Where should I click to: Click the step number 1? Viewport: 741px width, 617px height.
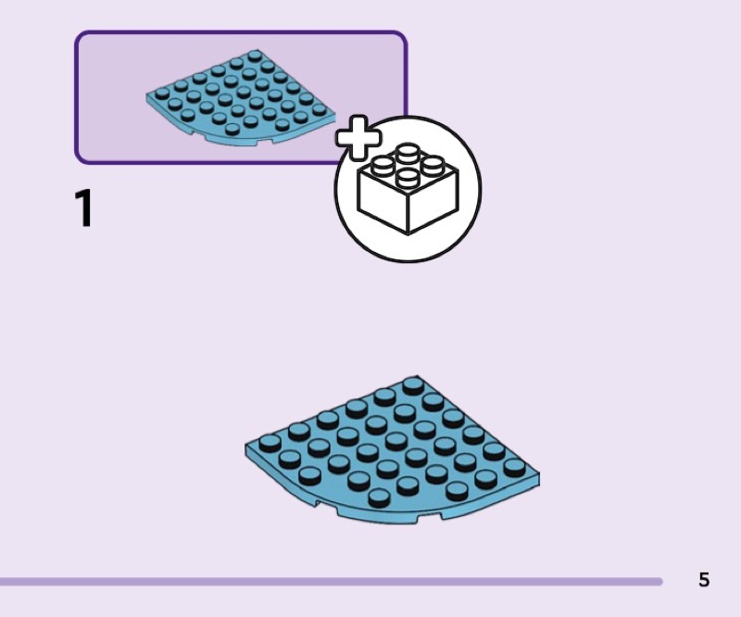(x=83, y=208)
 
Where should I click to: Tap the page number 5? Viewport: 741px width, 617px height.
(x=704, y=580)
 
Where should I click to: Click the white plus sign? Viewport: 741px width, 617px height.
(x=358, y=137)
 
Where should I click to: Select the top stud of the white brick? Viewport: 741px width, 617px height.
(x=407, y=152)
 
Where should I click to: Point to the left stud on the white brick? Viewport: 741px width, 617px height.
(x=383, y=166)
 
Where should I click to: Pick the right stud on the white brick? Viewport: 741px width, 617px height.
(x=433, y=166)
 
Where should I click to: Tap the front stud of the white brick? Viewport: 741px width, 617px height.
(x=408, y=179)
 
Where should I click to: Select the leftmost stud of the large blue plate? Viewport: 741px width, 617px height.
(x=270, y=443)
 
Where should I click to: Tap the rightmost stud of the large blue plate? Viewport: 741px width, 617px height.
(x=514, y=467)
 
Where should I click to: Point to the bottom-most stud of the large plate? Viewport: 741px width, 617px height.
(x=379, y=497)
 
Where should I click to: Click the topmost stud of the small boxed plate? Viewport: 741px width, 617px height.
(x=256, y=56)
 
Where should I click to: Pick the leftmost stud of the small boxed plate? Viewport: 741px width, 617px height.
(x=162, y=93)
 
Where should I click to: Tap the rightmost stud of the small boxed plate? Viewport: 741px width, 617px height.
(x=320, y=108)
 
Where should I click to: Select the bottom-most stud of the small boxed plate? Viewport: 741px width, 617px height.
(x=232, y=129)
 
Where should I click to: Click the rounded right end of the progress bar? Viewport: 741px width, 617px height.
(x=659, y=581)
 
